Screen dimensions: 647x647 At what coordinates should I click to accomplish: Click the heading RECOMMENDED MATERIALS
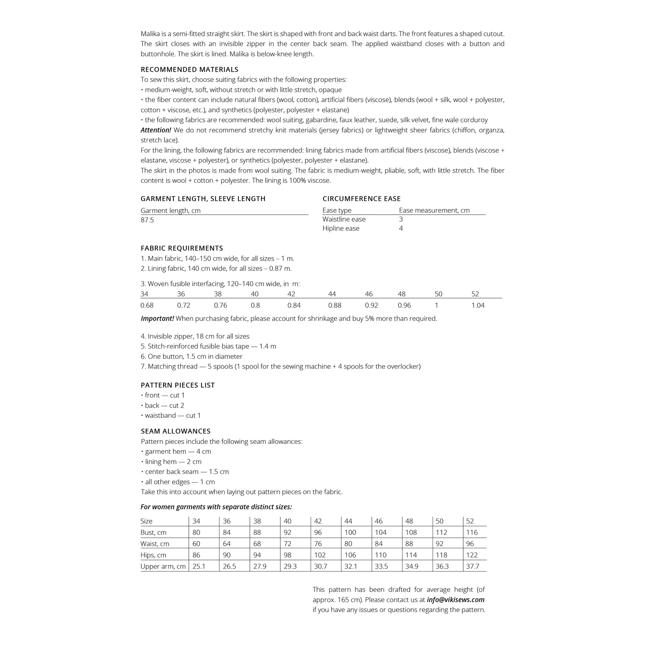[x=189, y=69]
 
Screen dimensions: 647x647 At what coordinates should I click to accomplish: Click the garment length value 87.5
[x=147, y=220]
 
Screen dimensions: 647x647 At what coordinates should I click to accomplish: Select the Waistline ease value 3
[x=401, y=219]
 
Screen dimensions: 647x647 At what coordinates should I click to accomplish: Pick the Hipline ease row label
[x=341, y=229]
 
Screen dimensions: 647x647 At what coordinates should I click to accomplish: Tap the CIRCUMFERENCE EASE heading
[x=361, y=199]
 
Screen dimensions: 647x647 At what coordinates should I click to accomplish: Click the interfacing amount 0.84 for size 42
[x=294, y=305]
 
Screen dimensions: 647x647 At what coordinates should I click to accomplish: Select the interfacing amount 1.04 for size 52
[x=477, y=305]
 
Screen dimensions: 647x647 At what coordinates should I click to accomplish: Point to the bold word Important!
[x=157, y=319]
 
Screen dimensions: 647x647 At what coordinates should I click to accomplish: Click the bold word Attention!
[x=156, y=130]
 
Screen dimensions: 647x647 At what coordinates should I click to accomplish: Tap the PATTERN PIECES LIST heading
[x=178, y=385]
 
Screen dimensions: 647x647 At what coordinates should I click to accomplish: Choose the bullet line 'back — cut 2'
[x=164, y=405]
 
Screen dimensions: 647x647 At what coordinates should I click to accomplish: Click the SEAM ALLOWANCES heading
[x=176, y=431]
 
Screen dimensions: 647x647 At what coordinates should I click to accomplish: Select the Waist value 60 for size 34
[x=196, y=544]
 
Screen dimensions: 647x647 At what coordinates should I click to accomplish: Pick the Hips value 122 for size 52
[x=472, y=555]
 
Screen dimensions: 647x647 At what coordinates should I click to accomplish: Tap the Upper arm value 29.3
[x=290, y=566]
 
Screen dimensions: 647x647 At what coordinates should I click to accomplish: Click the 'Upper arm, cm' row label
[x=163, y=566]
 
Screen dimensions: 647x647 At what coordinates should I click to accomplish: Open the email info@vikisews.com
[x=455, y=600]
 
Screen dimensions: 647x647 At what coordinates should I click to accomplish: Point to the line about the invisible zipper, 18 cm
[x=195, y=336]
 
